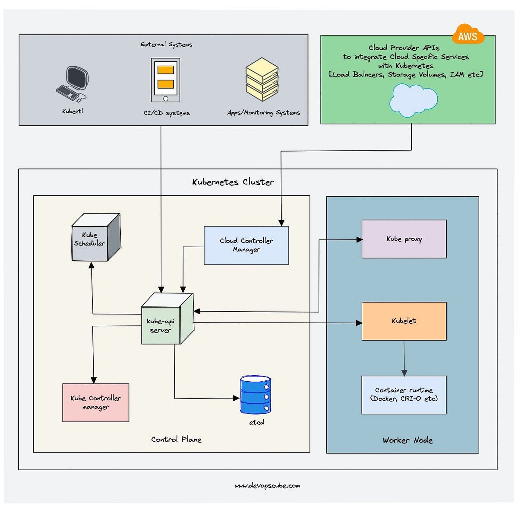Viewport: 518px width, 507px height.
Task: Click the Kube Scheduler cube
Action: (95, 238)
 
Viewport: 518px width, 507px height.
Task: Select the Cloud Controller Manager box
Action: (246, 245)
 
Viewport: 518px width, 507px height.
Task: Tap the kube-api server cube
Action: (166, 320)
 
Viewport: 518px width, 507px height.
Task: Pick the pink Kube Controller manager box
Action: (95, 402)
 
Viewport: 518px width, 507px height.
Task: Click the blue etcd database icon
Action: (256, 395)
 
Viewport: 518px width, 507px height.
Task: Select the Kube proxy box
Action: (404, 239)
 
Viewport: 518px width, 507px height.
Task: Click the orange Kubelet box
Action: (404, 321)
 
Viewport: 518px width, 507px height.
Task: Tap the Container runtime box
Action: (404, 395)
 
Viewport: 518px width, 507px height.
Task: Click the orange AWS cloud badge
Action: (467, 35)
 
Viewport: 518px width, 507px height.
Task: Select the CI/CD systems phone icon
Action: (165, 80)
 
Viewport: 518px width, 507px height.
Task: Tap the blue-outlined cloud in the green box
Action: (413, 100)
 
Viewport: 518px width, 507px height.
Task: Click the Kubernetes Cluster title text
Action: (233, 182)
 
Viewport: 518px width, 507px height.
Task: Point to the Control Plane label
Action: (176, 439)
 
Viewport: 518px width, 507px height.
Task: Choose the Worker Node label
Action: (407, 440)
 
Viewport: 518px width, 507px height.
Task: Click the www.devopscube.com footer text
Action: (267, 485)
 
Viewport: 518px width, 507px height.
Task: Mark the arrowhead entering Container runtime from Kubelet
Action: (404, 373)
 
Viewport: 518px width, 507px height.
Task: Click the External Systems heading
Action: (166, 45)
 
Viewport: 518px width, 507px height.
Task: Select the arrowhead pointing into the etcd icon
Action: (236, 398)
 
